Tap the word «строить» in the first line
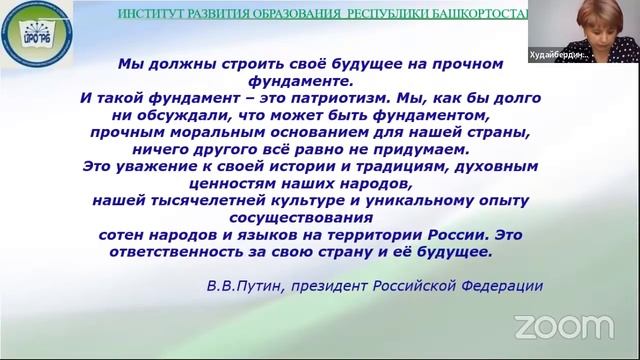click(237, 63)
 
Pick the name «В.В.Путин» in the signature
click(241, 285)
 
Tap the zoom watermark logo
click(563, 326)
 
